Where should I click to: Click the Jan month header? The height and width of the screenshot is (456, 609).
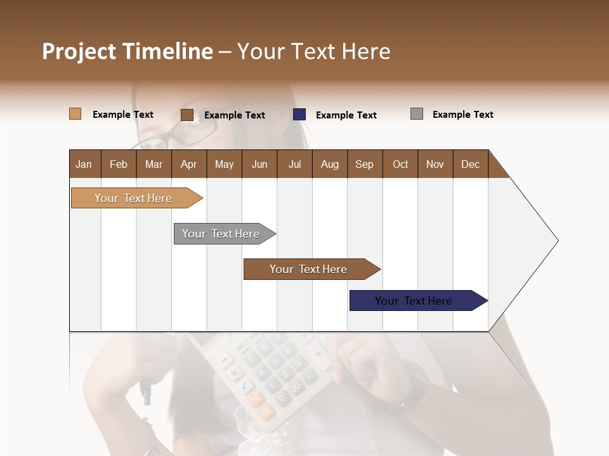click(84, 164)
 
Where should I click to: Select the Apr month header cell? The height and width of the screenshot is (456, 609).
click(189, 164)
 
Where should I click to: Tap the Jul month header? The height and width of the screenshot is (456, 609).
click(294, 164)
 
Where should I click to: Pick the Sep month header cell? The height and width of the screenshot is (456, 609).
click(365, 164)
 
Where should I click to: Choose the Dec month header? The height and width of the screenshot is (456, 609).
click(470, 164)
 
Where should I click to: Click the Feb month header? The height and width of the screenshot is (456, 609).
click(119, 164)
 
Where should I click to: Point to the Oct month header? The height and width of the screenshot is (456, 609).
click(400, 164)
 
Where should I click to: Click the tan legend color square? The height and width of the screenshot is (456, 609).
click(75, 114)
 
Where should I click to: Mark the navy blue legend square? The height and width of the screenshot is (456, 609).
click(299, 115)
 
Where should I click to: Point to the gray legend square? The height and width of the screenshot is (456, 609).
click(417, 114)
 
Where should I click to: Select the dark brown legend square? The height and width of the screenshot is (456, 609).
click(187, 115)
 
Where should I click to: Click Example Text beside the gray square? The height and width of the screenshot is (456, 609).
click(462, 115)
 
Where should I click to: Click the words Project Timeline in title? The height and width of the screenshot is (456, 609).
click(128, 51)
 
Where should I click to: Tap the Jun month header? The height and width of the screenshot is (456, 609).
click(259, 164)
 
